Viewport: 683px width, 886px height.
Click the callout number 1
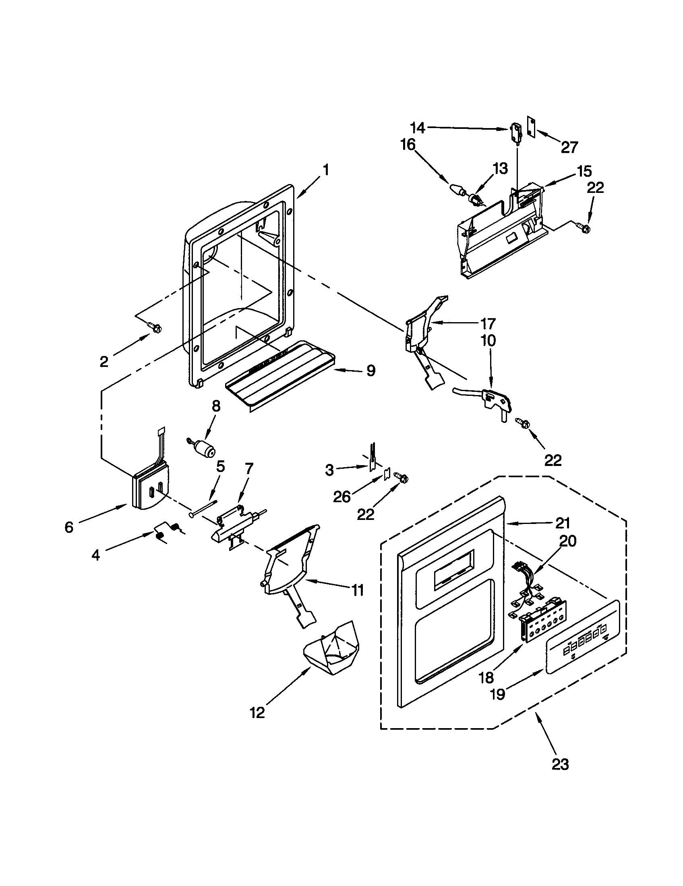326,170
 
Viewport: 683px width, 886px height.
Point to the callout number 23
560,764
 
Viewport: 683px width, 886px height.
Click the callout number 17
488,323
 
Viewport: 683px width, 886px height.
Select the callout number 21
562,523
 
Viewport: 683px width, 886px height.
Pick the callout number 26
341,497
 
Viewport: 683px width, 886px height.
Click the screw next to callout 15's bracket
584,228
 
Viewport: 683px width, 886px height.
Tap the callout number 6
69,528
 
